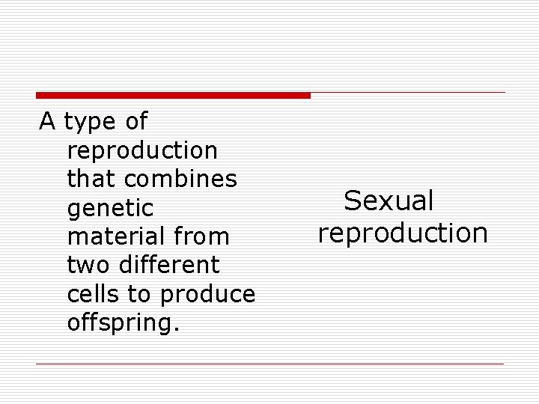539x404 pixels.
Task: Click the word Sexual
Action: [389, 201]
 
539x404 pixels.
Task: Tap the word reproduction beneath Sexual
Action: [403, 233]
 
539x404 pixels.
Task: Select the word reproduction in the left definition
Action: [142, 150]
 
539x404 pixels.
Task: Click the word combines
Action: [181, 179]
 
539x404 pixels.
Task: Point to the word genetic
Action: [110, 208]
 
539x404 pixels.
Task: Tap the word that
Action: [92, 179]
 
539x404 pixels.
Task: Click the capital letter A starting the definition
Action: [47, 120]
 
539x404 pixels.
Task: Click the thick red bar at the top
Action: [173, 95]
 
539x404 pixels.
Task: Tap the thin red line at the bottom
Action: [269, 364]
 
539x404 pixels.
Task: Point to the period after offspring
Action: [177, 329]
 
